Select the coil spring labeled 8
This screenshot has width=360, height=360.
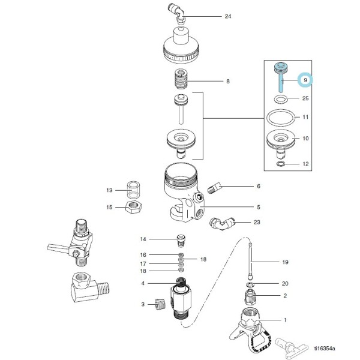pos(180,79)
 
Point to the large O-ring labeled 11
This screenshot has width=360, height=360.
pos(280,118)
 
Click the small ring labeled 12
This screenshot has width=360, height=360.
pos(280,164)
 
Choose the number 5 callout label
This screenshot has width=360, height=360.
pos(259,208)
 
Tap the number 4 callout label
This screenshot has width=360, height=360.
pos(143,283)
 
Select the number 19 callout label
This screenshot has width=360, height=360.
pos(285,262)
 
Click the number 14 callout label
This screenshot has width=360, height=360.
pos(143,239)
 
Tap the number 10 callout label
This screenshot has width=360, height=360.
pos(305,138)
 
